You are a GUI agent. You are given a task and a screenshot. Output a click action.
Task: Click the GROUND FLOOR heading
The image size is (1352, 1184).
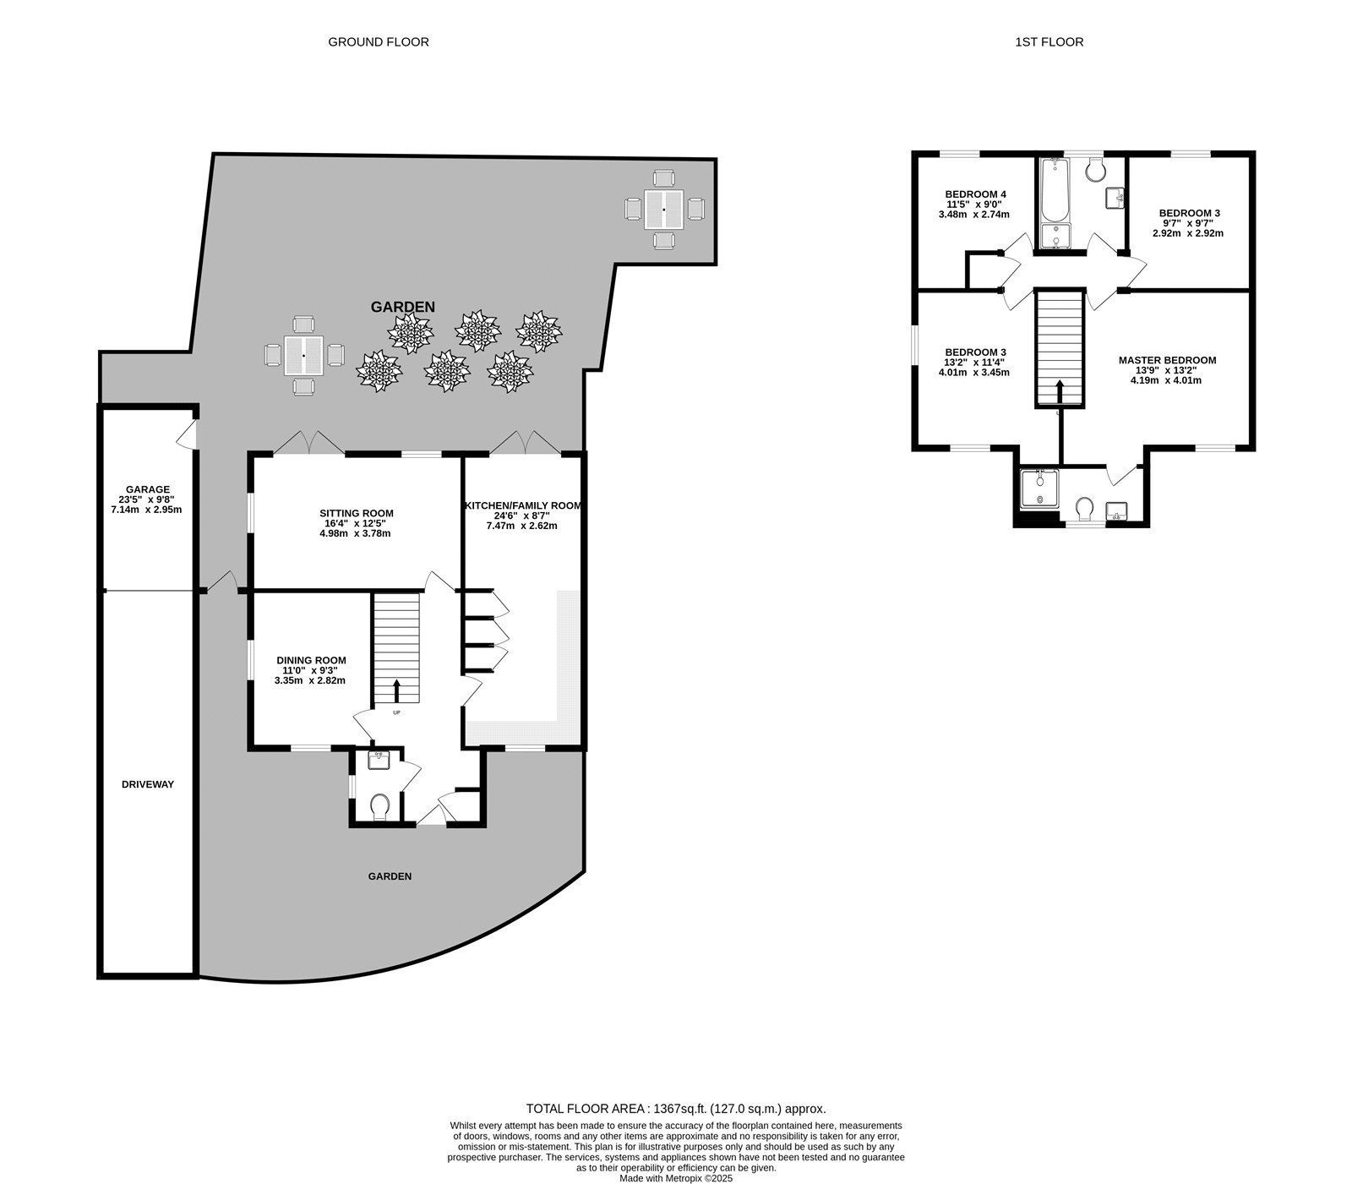coord(378,41)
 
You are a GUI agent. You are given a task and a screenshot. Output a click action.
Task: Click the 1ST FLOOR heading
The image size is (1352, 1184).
coord(1049,41)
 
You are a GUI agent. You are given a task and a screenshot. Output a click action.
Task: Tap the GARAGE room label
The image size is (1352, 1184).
coord(148,489)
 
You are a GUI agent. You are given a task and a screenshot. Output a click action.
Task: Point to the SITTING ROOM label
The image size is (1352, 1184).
coord(356,513)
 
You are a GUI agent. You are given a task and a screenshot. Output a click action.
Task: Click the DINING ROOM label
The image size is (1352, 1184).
coord(311,660)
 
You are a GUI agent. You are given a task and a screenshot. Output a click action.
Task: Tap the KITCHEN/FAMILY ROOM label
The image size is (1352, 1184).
coord(522,505)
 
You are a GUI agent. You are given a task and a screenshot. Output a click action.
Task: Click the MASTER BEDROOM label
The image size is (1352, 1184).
coord(1166,360)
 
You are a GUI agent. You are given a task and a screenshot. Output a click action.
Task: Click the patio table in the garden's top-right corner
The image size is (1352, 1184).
coord(664,209)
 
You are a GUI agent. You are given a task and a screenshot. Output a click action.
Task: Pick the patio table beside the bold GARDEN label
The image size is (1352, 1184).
coord(304,356)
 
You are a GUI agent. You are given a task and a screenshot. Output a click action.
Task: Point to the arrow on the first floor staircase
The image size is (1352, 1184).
coord(1060,392)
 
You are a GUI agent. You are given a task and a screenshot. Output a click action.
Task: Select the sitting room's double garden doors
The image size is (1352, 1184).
coord(308,442)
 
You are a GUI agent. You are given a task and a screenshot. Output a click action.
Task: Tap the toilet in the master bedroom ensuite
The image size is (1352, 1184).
coord(1084,509)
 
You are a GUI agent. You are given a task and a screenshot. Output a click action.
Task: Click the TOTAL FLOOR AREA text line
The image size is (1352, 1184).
coord(675,1109)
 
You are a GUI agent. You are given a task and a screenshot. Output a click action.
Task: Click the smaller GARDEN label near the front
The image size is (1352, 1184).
coord(390,876)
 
